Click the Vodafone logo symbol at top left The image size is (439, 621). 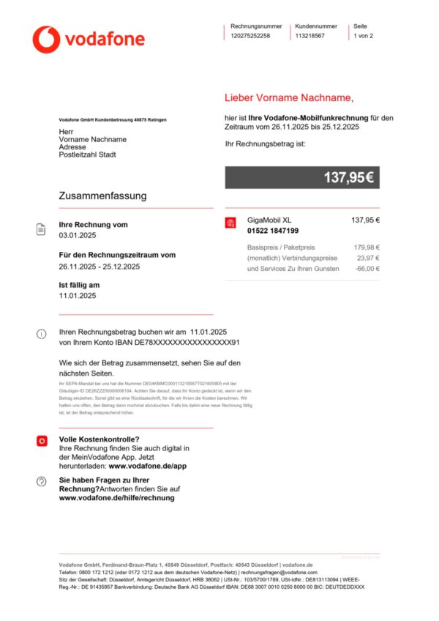point(45,39)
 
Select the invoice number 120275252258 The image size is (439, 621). point(250,36)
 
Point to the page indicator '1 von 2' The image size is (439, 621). point(364,36)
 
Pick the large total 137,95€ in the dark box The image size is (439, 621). point(349,177)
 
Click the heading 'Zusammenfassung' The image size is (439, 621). point(102,196)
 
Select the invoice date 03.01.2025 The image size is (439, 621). point(78,236)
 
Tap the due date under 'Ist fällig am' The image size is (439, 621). point(78,296)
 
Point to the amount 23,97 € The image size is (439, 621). point(368,258)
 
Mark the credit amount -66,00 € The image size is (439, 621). point(367,269)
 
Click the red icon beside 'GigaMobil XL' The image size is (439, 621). point(230,223)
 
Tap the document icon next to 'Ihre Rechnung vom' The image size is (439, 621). point(41,230)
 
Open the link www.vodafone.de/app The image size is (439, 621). point(148,465)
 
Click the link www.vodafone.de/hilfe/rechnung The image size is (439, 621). point(117,498)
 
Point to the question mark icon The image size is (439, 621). point(41,481)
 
